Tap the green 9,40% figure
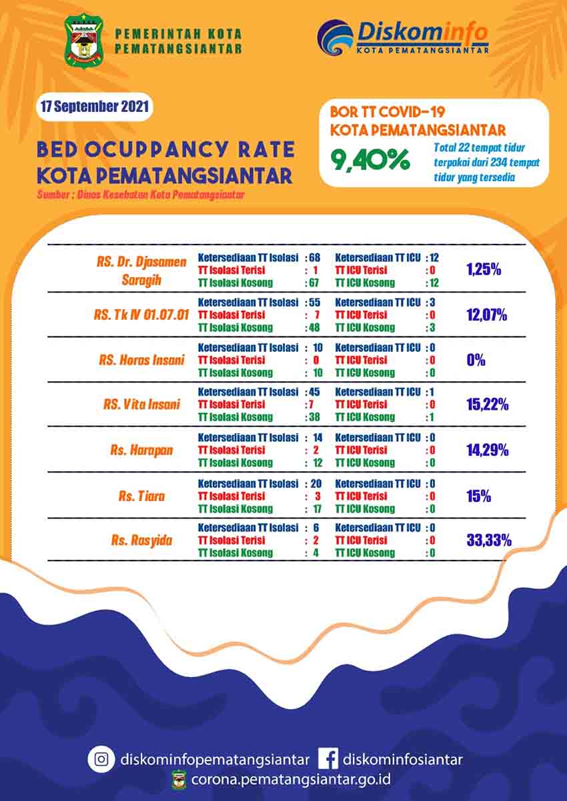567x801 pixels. [372, 160]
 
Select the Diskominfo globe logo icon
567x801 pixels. [336, 37]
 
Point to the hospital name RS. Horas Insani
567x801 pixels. [142, 360]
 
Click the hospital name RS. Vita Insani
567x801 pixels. [141, 404]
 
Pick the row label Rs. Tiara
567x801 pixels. [141, 496]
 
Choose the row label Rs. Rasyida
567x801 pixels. [141, 540]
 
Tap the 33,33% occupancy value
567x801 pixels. [488, 540]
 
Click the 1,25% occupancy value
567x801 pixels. [484, 270]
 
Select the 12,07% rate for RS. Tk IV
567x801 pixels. [488, 315]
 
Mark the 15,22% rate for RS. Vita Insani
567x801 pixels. [488, 404]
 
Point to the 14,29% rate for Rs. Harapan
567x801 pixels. [488, 450]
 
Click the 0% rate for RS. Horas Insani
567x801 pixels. [476, 360]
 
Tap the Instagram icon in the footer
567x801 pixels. [101, 758]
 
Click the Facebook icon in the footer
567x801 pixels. [327, 758]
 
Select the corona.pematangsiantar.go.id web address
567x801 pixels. [290, 779]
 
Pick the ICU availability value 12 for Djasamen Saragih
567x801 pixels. [434, 257]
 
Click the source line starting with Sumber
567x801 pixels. [141, 195]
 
